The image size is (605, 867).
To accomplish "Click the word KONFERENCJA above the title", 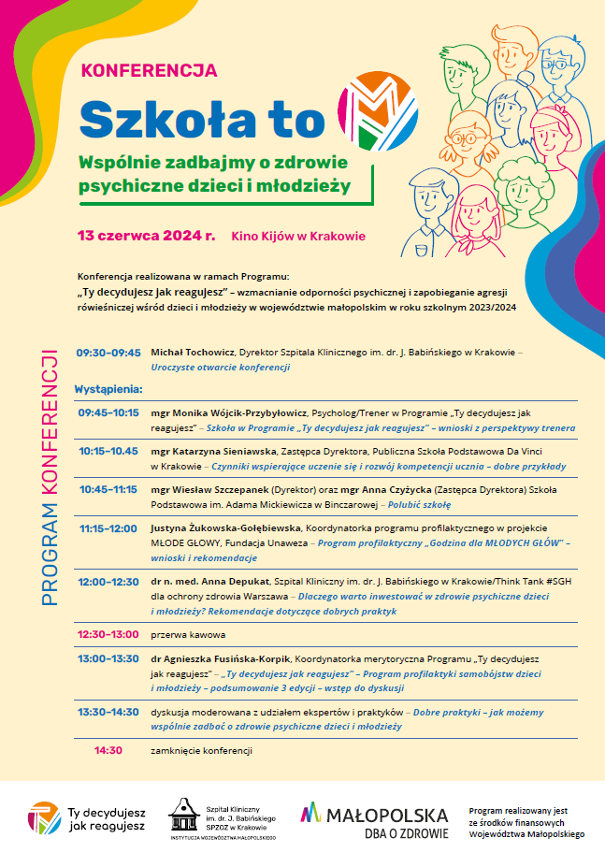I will click(150, 70).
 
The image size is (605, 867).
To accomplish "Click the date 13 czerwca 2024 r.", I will click(147, 236).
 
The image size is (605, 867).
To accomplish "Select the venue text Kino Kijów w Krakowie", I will click(298, 237).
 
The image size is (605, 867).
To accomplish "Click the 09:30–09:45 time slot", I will click(108, 353).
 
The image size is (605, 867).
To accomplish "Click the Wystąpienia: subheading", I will click(108, 387).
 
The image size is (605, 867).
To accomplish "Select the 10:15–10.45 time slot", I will click(108, 450).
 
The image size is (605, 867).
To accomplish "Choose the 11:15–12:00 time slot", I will click(108, 527).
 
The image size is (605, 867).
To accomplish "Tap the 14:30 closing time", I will click(108, 750).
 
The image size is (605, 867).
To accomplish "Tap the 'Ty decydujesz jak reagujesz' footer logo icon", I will click(43, 816).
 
